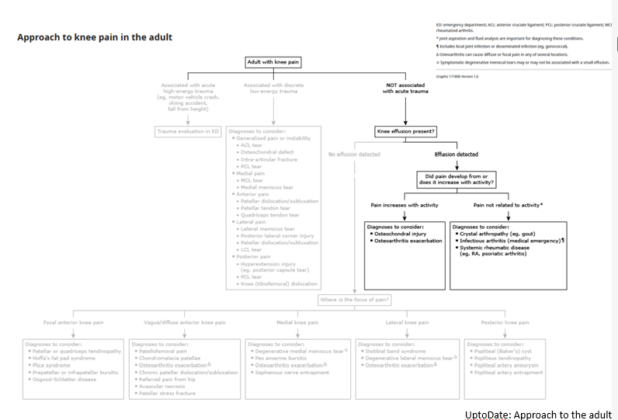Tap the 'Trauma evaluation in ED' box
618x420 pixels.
coord(189,131)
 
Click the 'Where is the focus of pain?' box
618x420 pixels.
coord(354,299)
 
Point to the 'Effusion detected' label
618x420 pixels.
coord(457,154)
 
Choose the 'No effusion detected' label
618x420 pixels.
coord(354,154)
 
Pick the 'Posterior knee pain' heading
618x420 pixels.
coord(507,322)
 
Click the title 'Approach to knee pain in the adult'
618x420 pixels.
coord(95,37)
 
